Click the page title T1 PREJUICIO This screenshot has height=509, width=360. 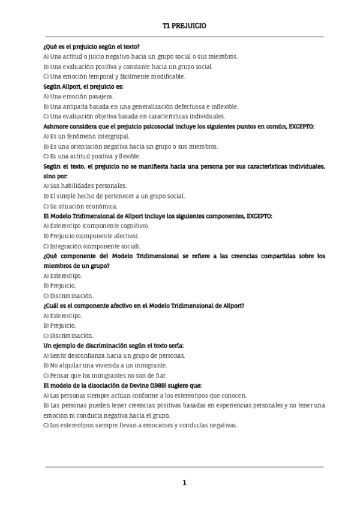point(184,26)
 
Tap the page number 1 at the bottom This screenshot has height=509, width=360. point(184,483)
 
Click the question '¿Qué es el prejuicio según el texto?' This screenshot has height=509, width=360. point(92,47)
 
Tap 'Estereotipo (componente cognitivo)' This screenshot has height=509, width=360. point(98,226)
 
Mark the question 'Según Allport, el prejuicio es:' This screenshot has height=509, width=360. point(83,86)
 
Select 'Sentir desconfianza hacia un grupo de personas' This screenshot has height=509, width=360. point(117,355)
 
